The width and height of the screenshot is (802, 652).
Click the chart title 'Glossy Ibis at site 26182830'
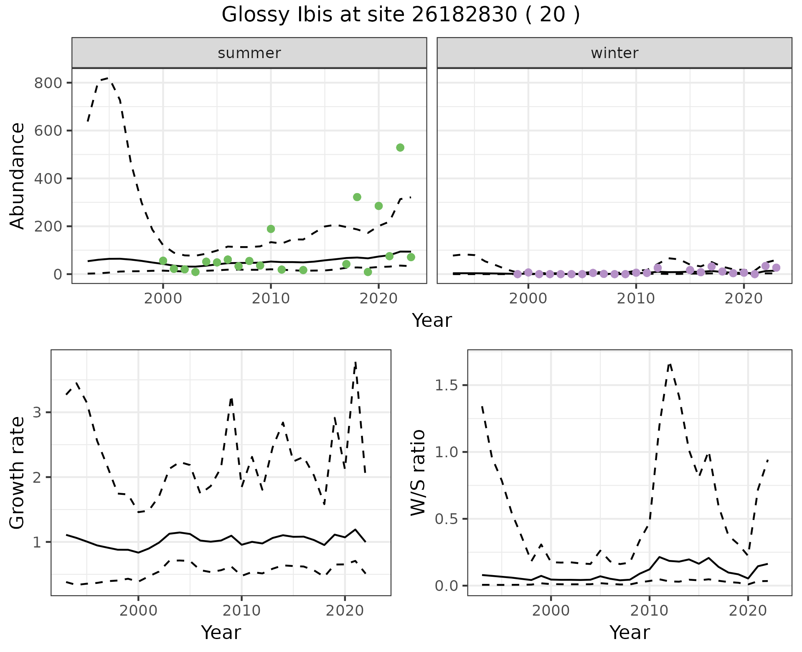tap(400, 15)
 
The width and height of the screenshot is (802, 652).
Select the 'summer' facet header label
tap(249, 53)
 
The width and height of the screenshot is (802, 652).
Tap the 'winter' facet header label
tap(614, 53)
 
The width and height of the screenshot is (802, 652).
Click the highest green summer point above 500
tap(400, 148)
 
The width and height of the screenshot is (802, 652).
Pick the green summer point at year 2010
tap(271, 229)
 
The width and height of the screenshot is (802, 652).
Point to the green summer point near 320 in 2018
tap(357, 197)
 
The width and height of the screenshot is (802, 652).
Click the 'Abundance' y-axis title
tap(18, 176)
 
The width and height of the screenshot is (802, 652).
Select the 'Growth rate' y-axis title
tap(18, 472)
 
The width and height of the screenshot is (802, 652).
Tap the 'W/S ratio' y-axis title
tap(418, 472)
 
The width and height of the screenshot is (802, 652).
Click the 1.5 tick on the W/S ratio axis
tap(447, 385)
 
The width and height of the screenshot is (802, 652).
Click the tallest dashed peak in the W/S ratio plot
tap(670, 364)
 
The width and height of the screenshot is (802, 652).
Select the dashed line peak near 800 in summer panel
tap(108, 78)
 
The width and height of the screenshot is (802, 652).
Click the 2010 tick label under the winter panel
tap(636, 299)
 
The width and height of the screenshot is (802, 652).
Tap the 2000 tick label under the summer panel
tap(163, 299)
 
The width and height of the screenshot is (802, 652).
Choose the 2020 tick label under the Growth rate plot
tap(345, 611)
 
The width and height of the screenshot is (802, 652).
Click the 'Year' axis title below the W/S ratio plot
tap(629, 632)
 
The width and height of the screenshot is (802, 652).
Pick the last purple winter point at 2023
tap(776, 268)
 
